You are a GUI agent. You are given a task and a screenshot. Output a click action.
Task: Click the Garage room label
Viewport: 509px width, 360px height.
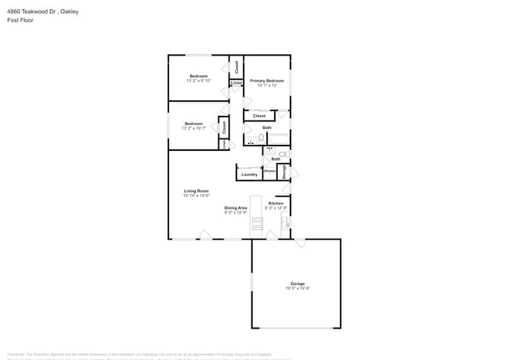(298, 283)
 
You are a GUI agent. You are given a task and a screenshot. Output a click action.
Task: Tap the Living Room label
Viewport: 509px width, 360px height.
(196, 191)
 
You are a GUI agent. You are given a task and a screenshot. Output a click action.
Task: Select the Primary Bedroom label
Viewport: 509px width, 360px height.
(266, 81)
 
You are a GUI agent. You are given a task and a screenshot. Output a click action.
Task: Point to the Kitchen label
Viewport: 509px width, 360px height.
(276, 203)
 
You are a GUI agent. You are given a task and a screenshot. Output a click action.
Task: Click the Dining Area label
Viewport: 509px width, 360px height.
(236, 207)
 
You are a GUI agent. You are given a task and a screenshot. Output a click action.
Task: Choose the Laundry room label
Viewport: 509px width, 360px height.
(250, 175)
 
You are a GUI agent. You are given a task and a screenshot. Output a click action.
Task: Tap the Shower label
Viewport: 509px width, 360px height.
(269, 171)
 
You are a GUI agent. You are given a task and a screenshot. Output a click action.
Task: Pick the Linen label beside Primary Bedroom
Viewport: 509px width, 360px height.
(236, 82)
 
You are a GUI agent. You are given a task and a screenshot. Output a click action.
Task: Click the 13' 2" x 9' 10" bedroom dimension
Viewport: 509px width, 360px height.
(198, 81)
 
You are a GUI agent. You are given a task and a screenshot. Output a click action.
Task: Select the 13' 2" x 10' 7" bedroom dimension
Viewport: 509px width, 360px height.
(193, 128)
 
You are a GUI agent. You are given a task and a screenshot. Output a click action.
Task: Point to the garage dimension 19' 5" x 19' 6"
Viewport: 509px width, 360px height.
(298, 288)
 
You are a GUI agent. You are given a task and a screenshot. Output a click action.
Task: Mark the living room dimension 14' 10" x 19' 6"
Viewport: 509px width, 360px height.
(196, 196)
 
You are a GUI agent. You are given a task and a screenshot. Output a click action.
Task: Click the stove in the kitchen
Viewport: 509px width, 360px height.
(257, 225)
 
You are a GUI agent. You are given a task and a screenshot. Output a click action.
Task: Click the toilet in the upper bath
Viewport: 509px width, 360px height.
(262, 139)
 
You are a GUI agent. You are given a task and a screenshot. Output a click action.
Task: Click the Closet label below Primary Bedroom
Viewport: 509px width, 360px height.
(259, 116)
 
